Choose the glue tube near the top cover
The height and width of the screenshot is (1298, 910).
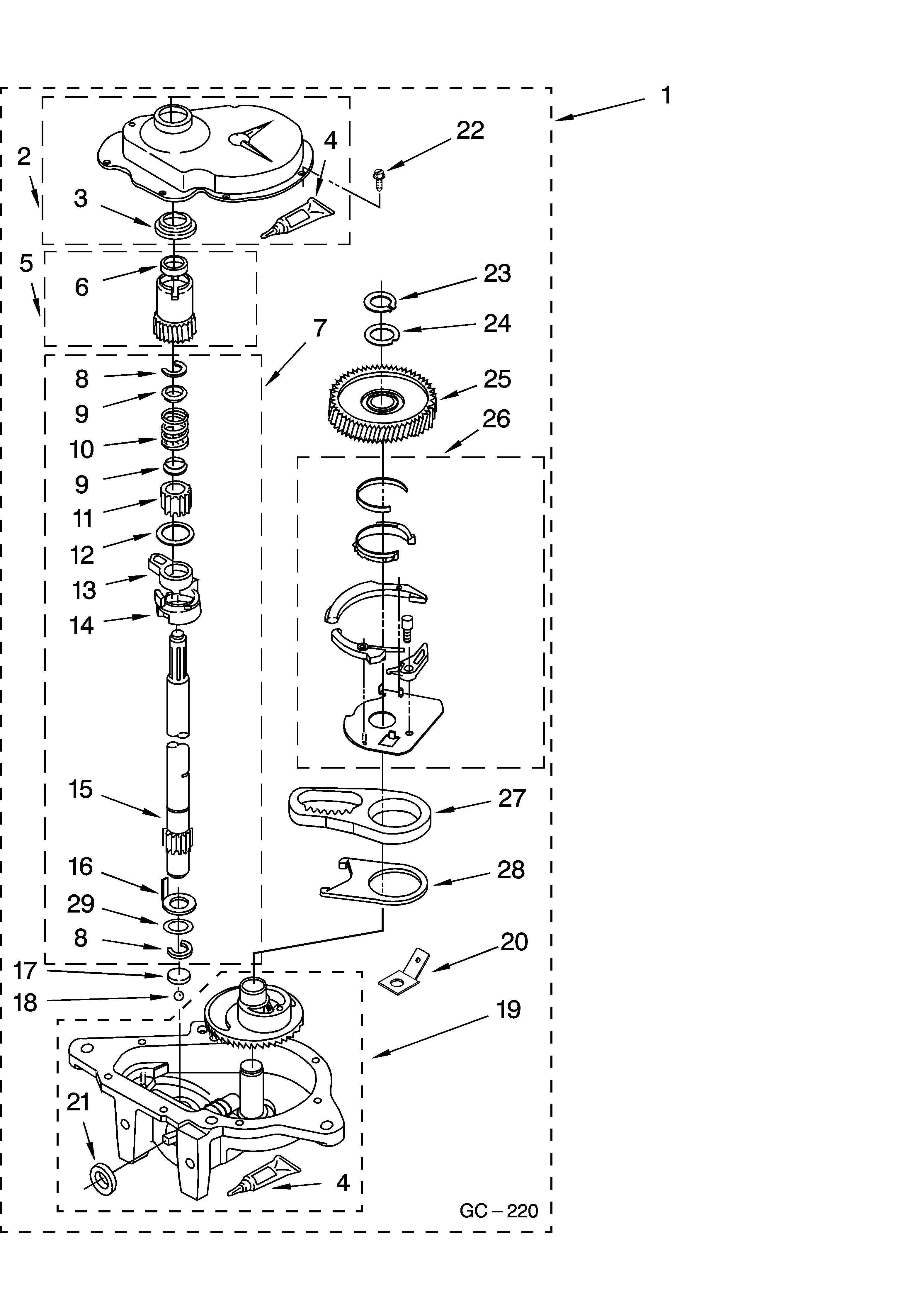pyautogui.click(x=298, y=217)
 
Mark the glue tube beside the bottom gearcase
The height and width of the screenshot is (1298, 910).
pyautogui.click(x=265, y=1176)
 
